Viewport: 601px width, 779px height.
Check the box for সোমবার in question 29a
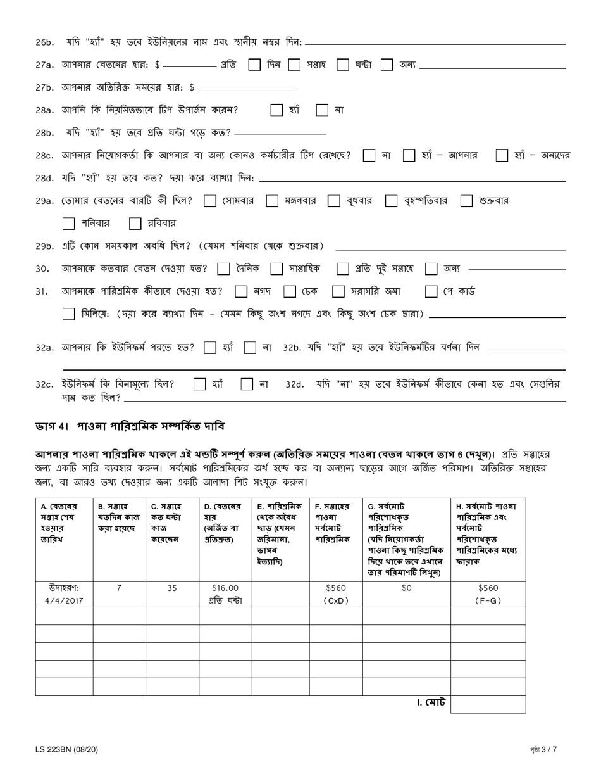(211, 201)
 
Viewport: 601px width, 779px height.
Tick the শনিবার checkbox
(69, 224)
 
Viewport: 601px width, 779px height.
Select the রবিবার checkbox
(135, 224)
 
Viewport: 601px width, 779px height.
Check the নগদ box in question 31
(241, 291)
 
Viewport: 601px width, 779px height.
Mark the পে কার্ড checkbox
(431, 291)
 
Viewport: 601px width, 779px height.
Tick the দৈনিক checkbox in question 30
(223, 269)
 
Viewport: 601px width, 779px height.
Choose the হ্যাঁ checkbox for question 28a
(276, 110)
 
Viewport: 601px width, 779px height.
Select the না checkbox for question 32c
(247, 384)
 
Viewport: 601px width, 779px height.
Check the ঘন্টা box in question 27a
(343, 65)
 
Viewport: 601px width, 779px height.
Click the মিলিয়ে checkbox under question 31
(69, 314)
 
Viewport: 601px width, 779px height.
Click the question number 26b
(45, 42)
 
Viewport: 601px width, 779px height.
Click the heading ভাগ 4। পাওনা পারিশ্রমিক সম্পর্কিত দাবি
(130, 426)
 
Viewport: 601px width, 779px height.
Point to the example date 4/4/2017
(64, 600)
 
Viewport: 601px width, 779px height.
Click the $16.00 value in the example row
(225, 588)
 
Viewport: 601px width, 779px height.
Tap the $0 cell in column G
(406, 588)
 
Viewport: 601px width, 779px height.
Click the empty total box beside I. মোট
(488, 704)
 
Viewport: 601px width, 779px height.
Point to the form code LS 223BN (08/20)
(67, 750)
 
